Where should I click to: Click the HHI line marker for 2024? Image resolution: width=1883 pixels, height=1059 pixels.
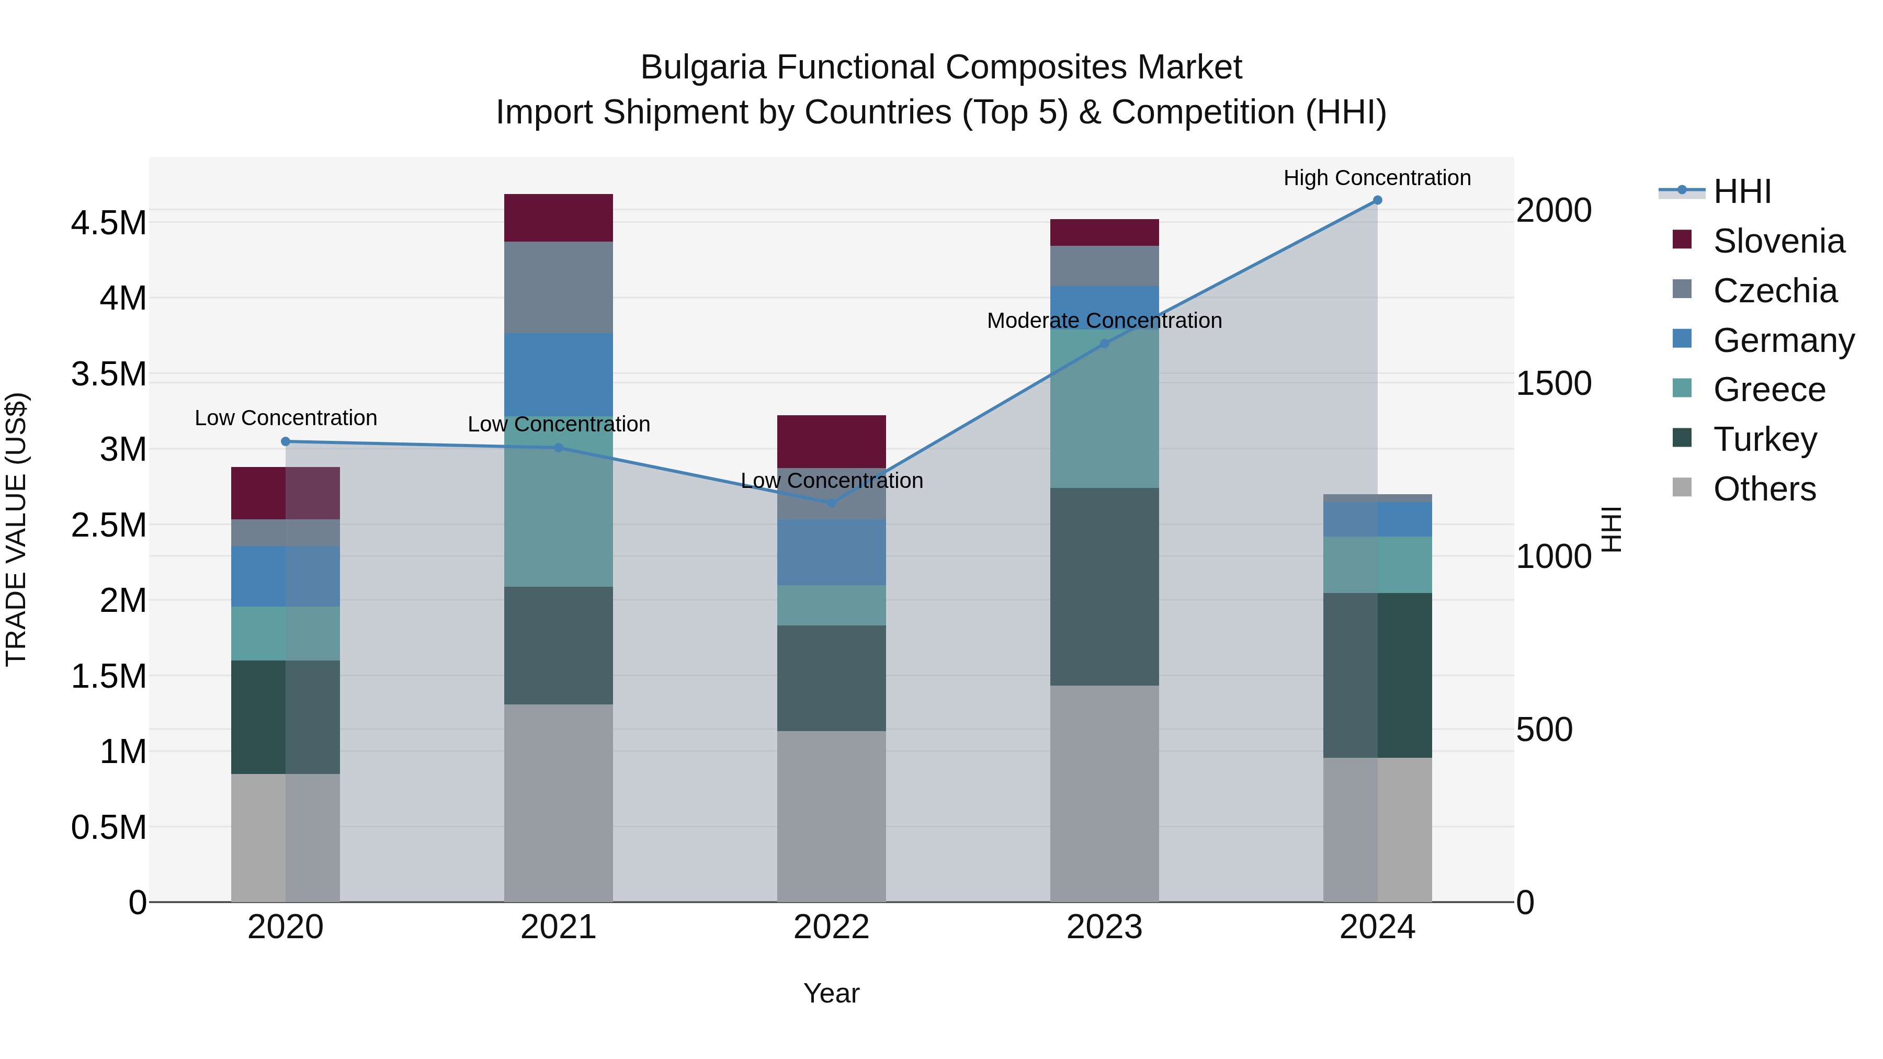click(1377, 200)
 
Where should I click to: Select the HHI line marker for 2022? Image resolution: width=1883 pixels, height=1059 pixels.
click(831, 503)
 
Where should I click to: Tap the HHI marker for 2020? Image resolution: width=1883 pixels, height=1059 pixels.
click(286, 441)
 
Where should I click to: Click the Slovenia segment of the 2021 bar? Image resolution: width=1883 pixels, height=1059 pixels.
click(559, 218)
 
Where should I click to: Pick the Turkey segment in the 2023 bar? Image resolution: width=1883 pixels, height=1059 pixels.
click(1105, 586)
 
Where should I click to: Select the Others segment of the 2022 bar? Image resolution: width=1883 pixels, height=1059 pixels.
click(831, 816)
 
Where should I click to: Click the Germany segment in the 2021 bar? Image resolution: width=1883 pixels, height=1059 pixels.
click(559, 374)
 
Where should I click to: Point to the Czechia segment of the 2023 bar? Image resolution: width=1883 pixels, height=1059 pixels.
click(1105, 266)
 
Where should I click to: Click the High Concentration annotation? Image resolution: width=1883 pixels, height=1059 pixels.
click(1377, 178)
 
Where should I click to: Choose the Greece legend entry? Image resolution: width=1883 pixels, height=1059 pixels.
click(1769, 390)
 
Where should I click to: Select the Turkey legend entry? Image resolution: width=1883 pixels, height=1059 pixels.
click(1765, 439)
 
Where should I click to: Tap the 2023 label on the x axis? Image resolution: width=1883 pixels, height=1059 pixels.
click(1105, 927)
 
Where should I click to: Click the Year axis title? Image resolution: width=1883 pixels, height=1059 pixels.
click(831, 993)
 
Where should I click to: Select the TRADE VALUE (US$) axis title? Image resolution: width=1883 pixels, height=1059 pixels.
click(16, 529)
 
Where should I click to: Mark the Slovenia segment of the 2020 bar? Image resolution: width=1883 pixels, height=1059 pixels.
click(285, 493)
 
